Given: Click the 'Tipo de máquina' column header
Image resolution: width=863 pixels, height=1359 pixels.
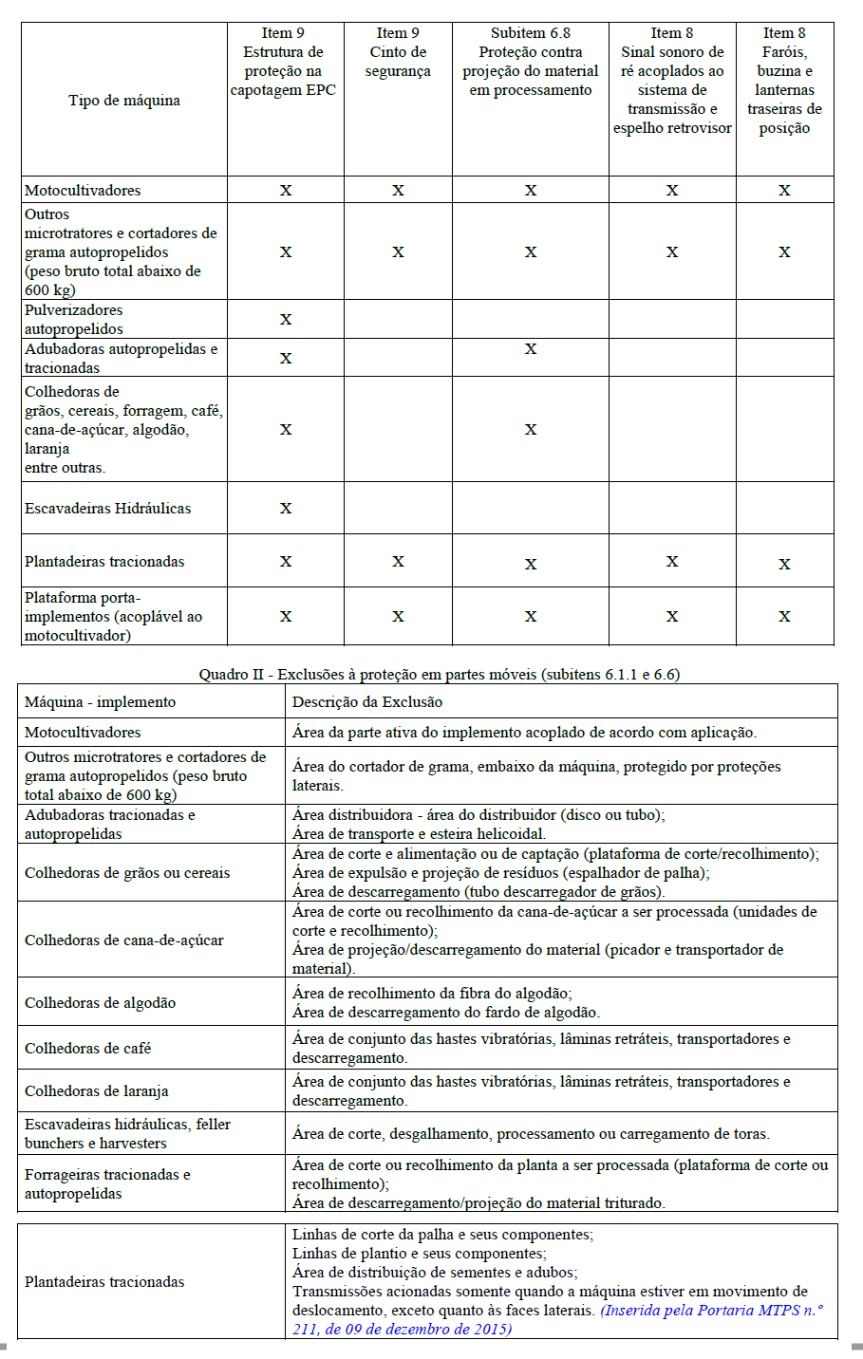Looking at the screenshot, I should click(x=124, y=101).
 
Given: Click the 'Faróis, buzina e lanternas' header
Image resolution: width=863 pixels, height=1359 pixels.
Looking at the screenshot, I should click(x=784, y=81).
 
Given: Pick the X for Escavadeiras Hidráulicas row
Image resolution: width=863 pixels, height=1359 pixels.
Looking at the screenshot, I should click(x=286, y=509).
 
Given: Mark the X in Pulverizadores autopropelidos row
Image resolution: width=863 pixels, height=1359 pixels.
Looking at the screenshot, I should click(x=286, y=320).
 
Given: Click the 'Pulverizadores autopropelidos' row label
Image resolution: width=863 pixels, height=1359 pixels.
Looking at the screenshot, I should click(x=74, y=320).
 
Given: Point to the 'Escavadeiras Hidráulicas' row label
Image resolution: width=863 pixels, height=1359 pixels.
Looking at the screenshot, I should click(x=107, y=509).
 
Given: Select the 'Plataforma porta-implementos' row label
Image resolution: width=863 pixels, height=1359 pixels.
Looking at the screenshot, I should click(x=113, y=617).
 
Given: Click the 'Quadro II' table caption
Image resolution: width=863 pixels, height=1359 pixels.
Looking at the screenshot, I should click(x=439, y=675).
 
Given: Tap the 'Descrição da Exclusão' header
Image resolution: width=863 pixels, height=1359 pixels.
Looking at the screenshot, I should click(x=367, y=702).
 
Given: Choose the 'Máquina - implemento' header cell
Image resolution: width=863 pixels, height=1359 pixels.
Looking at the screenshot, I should click(x=100, y=702).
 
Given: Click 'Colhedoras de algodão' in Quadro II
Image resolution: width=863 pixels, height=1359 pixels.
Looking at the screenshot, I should click(x=100, y=1003).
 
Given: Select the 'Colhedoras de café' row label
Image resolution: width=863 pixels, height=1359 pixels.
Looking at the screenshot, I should click(x=88, y=1049).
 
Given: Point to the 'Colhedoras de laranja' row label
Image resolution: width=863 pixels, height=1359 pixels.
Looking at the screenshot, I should click(x=97, y=1091).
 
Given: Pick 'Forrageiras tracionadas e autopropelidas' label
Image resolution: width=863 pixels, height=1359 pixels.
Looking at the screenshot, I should click(x=107, y=1184).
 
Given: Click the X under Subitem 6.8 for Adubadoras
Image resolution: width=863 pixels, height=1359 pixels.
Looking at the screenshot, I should click(x=531, y=349).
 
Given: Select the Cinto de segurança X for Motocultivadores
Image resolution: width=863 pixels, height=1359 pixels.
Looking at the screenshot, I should click(x=398, y=191).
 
